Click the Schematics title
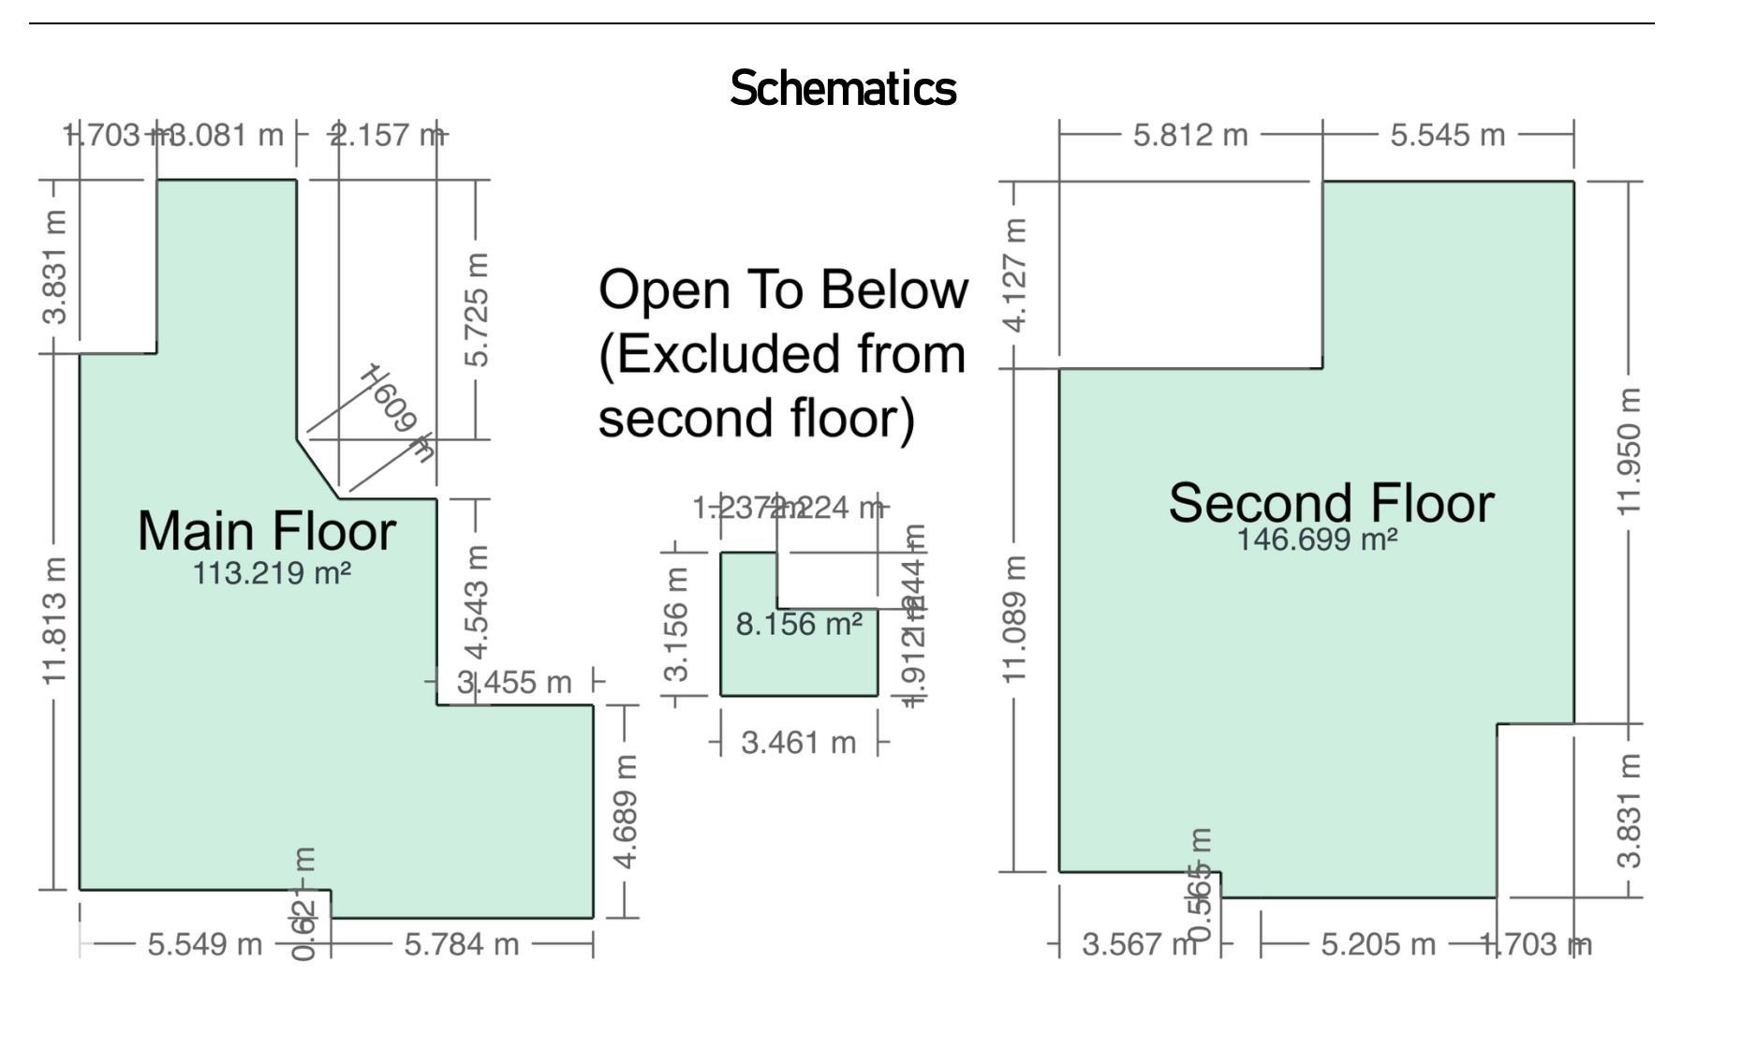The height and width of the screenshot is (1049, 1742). tap(843, 89)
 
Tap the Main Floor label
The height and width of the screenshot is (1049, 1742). tap(267, 531)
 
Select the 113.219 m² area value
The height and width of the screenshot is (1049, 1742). tap(272, 572)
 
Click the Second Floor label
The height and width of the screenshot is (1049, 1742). tap(1330, 503)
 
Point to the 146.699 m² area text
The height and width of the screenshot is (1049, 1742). tap(1317, 540)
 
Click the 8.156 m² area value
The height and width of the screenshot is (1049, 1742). tap(799, 624)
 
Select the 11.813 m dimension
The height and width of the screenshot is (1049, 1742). tap(55, 620)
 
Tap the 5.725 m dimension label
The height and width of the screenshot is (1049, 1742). tap(477, 310)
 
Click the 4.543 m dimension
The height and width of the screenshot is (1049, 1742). tap(477, 602)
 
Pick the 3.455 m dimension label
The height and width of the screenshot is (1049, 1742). tap(514, 682)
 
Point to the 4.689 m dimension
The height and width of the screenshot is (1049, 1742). tap(627, 811)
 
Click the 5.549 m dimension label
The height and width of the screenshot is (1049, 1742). tap(205, 944)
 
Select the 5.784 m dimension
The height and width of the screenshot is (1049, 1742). tap(462, 944)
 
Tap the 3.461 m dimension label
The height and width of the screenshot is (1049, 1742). tap(798, 743)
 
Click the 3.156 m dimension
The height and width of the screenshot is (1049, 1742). tap(676, 625)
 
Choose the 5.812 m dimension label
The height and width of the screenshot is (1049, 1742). tap(1190, 135)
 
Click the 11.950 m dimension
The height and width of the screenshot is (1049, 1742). tap(1629, 451)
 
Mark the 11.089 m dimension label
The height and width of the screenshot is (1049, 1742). tap(1014, 619)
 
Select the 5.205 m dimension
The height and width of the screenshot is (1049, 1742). tap(1378, 944)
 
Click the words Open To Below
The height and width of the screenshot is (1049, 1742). tap(783, 289)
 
